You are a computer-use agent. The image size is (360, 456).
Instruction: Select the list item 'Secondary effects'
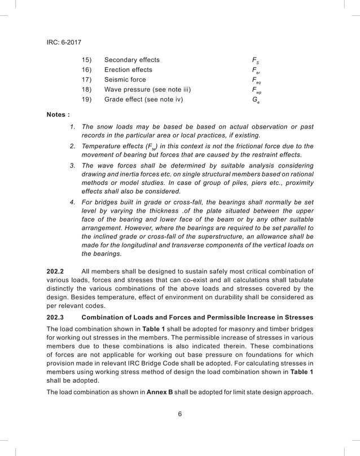tap(131, 60)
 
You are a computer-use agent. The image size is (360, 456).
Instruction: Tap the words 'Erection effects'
tap(128, 70)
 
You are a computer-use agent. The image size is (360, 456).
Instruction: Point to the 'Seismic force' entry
tap(125, 80)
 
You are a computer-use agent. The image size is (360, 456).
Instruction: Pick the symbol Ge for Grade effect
tap(255, 100)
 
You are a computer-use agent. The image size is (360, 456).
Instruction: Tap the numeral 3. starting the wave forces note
tap(72, 166)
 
